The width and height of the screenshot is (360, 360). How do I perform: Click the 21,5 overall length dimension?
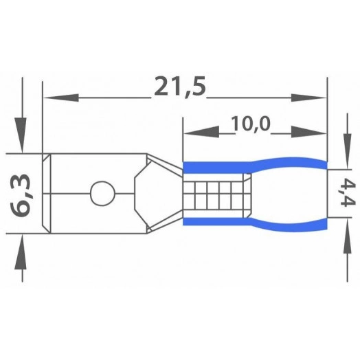(180, 87)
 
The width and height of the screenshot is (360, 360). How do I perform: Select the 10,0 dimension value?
(251, 124)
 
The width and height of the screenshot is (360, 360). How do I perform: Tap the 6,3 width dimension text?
(21, 195)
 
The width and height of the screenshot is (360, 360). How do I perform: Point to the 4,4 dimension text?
(348, 193)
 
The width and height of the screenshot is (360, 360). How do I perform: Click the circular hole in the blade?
(102, 193)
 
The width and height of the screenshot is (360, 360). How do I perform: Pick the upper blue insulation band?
(255, 166)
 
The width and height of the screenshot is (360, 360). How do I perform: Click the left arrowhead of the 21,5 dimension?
(61, 98)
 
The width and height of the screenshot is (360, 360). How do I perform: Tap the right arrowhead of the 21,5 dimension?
(308, 98)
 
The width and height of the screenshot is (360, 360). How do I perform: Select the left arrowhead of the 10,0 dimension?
(201, 132)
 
